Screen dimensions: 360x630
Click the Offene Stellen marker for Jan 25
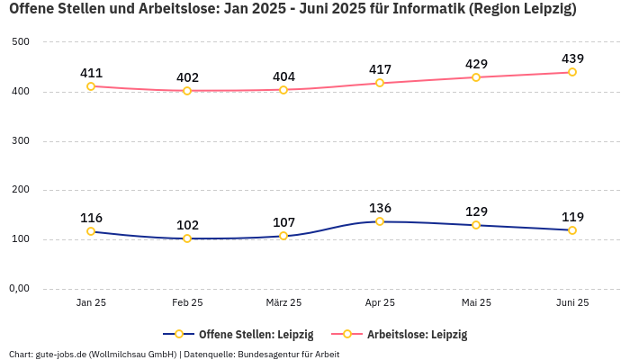tap(91, 231)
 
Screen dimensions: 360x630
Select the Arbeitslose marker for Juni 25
tap(572, 72)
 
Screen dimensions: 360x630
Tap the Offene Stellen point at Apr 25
tap(380, 221)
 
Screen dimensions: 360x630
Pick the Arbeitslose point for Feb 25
tap(187, 91)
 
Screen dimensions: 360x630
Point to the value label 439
tap(572, 58)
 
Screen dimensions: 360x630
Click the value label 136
tap(380, 208)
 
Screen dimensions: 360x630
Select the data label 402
tap(187, 77)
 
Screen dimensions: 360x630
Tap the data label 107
tap(283, 222)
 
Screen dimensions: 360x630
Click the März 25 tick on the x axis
tap(283, 303)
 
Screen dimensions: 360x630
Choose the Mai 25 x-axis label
tap(476, 303)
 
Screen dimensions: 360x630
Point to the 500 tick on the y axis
tap(22, 42)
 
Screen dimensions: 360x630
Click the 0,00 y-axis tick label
tap(19, 289)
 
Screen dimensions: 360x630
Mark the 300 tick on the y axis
tap(22, 141)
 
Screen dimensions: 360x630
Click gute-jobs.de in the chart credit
tap(62, 354)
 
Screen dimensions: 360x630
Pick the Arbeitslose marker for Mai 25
tap(476, 77)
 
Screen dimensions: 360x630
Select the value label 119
tap(572, 217)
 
